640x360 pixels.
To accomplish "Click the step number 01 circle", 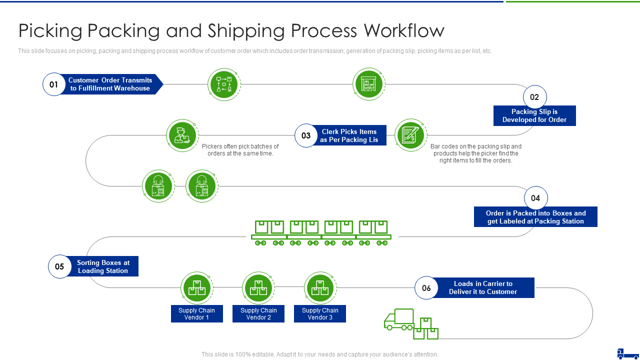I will coord(54,84).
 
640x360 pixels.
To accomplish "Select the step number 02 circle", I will coord(534,97).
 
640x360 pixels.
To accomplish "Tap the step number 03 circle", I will coord(306,135).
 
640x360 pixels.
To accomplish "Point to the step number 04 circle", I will coord(535,198).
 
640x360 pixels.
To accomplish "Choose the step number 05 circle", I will coord(59,266).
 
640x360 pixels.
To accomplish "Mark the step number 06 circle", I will coord(426,288).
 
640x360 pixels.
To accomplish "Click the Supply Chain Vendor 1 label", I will coord(196,314).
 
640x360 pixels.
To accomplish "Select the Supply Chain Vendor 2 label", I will coord(258,314).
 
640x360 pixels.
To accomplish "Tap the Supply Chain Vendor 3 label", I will coord(320,314).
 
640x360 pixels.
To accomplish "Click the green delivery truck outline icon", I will coord(399,319).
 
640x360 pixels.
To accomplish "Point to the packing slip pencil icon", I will coord(410,135).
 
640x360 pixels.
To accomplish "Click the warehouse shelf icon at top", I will coord(368,84).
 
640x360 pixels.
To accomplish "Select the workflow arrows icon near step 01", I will coord(223,84).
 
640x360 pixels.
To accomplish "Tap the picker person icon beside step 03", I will coord(182,135).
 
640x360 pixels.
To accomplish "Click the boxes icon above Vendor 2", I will coord(258,288).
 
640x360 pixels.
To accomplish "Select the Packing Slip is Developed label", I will coord(534,116).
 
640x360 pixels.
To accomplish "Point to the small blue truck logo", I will coord(627,353).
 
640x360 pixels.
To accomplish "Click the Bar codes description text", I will coord(475,153).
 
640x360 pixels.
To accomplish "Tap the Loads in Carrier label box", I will coord(483,288).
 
